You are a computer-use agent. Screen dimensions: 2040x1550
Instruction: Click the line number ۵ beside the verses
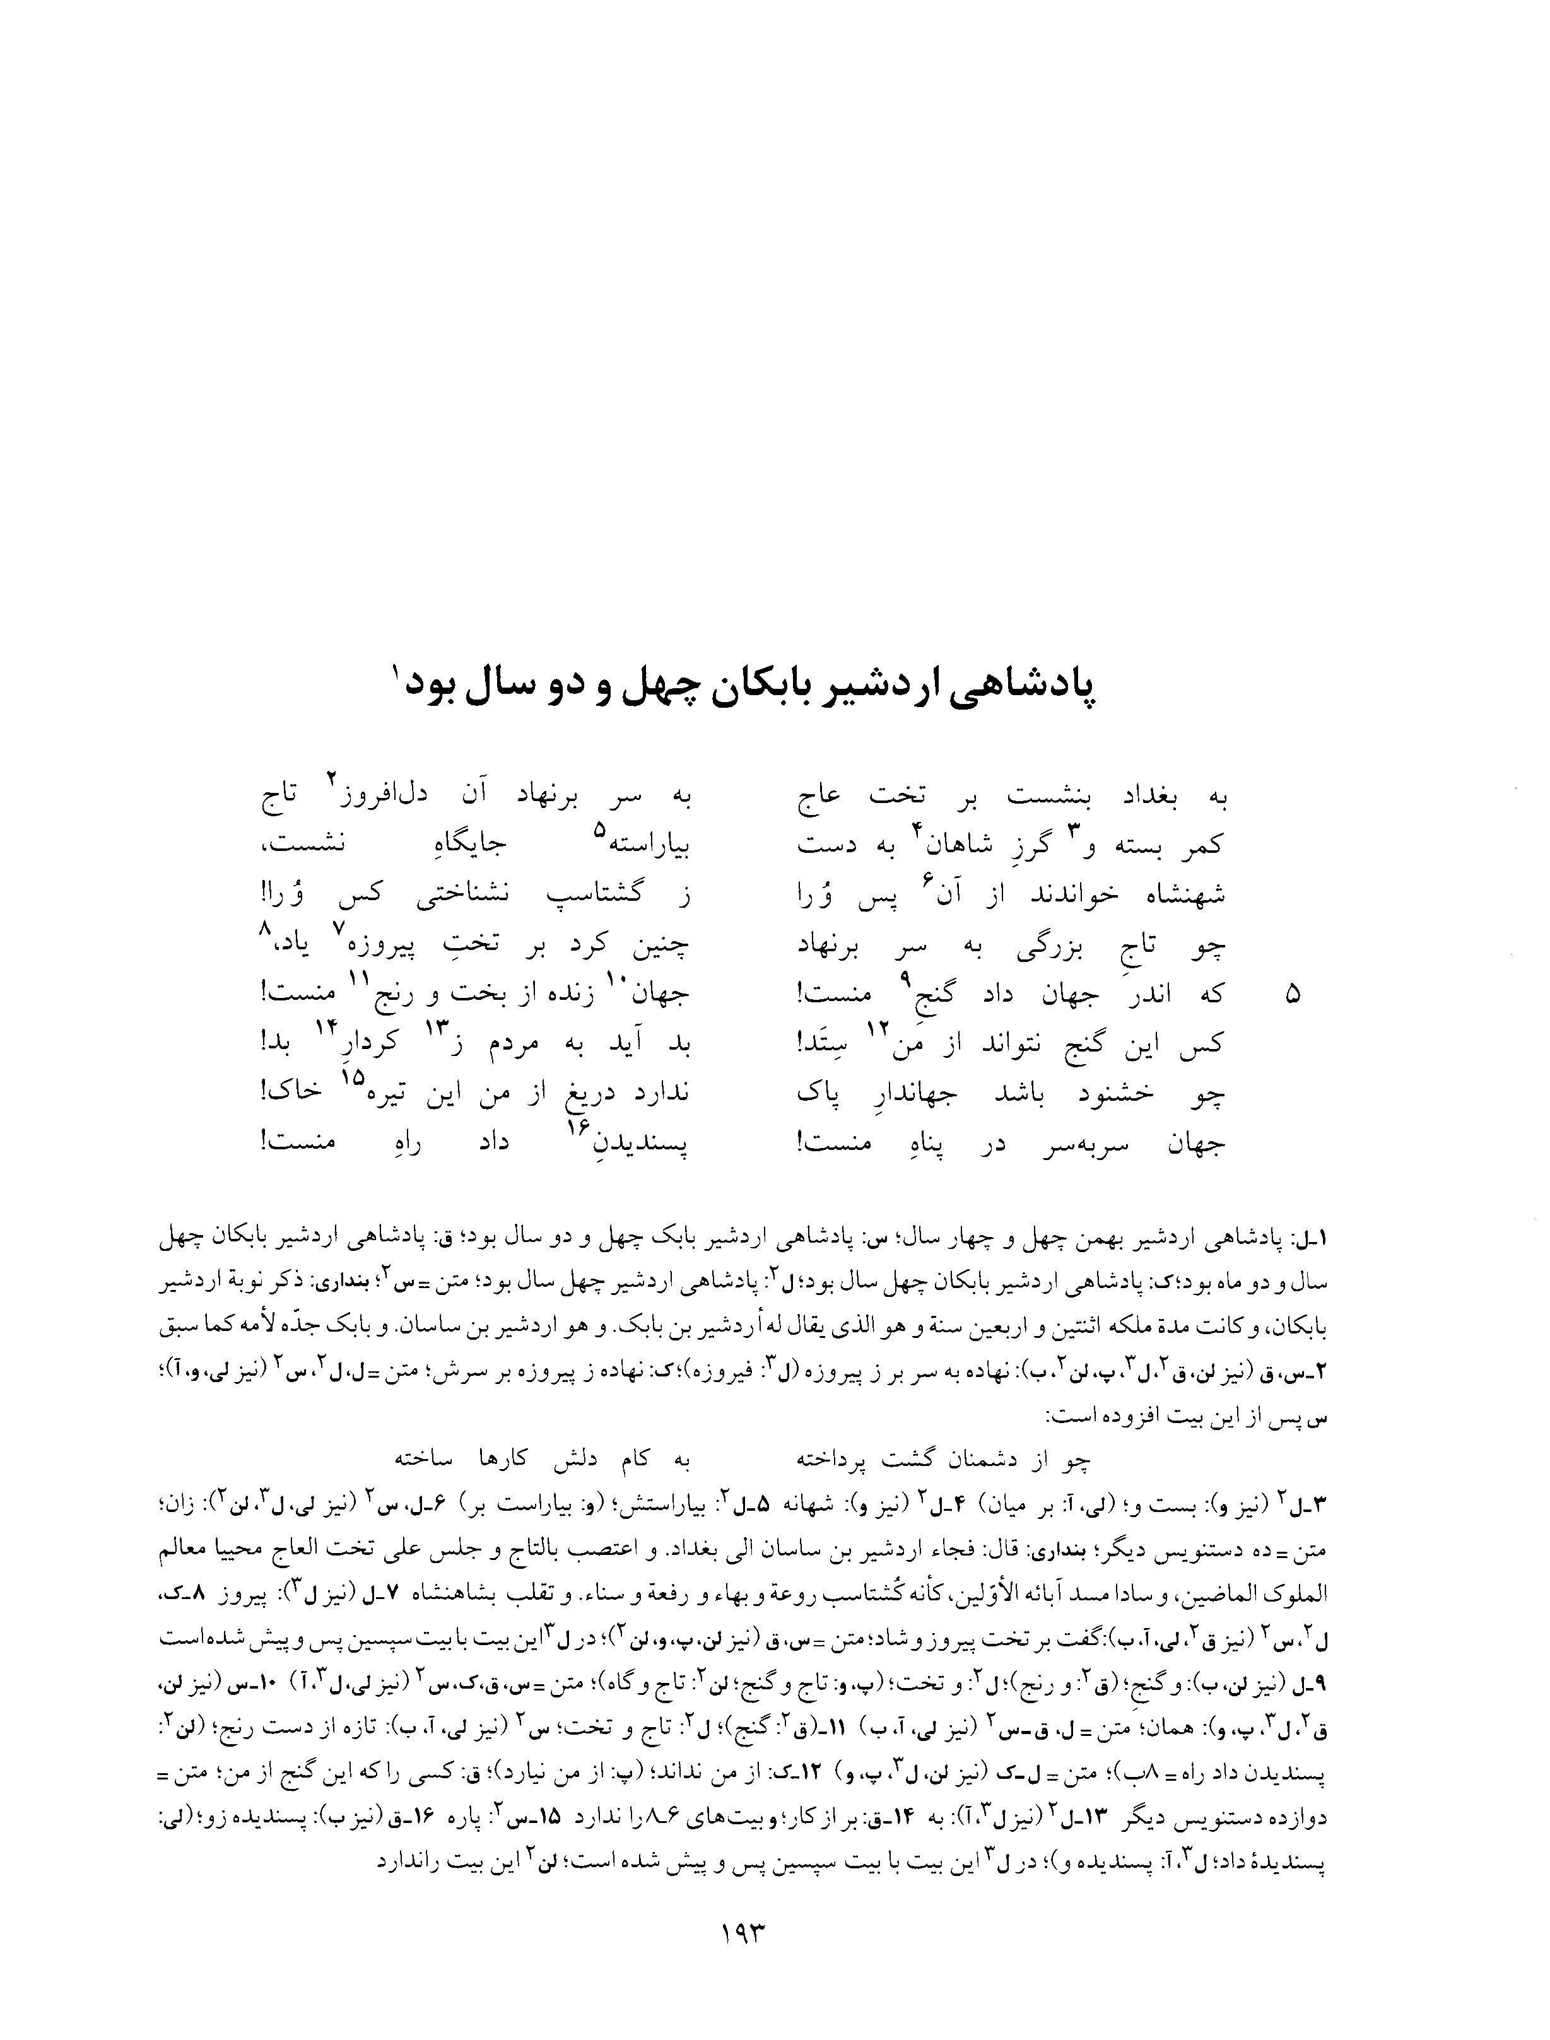(1293, 995)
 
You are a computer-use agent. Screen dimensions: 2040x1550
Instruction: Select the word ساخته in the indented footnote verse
(421, 1460)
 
